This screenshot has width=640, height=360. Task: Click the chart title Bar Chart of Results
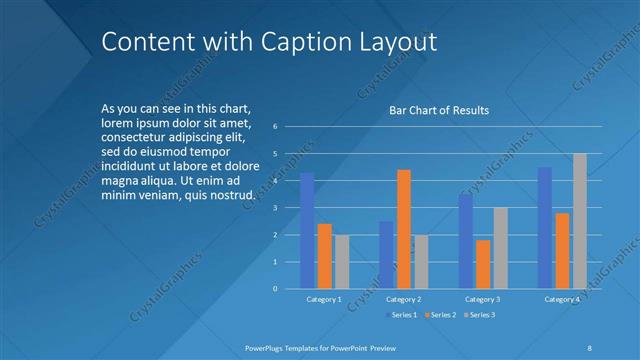439,110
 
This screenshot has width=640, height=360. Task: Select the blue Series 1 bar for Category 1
307,231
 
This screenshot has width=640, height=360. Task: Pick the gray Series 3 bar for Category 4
580,221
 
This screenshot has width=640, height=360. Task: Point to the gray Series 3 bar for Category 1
342,262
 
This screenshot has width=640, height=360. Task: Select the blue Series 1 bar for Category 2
386,255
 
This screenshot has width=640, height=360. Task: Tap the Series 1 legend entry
403,315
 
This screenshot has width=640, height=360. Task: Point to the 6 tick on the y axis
289,127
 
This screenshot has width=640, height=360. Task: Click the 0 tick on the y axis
289,289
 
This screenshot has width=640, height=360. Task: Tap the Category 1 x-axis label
323,299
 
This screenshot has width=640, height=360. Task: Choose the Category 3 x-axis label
482,299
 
